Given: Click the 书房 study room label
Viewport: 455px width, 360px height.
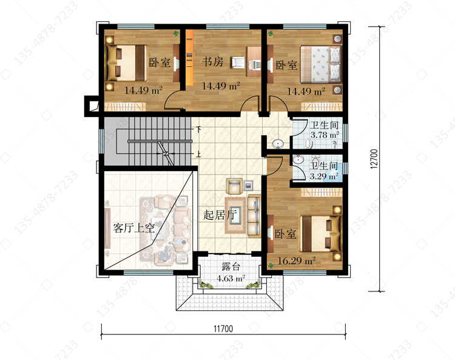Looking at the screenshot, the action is click(213, 61).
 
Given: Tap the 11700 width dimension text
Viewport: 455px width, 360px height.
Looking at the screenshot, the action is click(223, 328).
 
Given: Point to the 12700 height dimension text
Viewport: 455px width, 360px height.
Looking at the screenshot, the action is click(374, 159).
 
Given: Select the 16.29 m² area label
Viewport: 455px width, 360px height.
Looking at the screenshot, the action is click(296, 260).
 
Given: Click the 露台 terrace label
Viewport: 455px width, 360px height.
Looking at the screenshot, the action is click(231, 267).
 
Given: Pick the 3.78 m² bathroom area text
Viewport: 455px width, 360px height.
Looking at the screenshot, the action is click(325, 135).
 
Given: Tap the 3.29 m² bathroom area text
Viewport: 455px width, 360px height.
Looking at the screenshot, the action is click(324, 176).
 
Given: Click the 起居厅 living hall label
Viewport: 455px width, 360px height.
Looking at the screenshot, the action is click(220, 215).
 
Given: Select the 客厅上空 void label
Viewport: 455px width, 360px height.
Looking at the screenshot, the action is click(134, 228).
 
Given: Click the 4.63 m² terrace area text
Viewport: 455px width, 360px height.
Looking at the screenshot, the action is click(231, 279).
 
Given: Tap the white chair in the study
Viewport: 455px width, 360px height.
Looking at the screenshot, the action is click(238, 63).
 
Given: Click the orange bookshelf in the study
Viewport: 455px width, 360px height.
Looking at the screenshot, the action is click(189, 58).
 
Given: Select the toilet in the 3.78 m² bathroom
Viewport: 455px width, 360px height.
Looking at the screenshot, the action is click(308, 143).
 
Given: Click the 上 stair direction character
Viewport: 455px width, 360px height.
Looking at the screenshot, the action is click(198, 154).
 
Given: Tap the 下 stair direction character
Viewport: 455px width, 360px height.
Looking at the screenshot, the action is click(199, 129).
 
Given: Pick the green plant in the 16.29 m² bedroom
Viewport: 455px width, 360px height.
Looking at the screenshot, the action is click(271, 265).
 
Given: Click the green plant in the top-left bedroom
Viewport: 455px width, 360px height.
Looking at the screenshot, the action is click(176, 33).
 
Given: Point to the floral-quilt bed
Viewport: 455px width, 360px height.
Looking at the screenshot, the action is click(320, 64).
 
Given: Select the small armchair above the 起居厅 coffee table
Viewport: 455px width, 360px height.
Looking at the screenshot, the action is click(234, 186).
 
